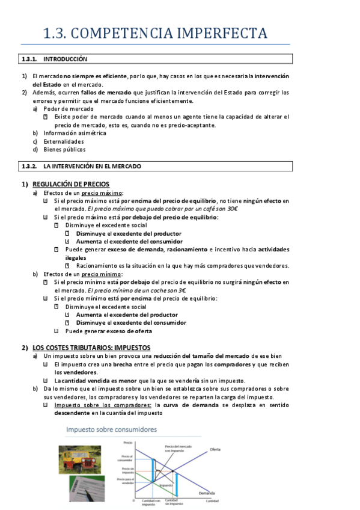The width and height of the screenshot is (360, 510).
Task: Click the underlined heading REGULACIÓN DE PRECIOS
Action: pos(71,184)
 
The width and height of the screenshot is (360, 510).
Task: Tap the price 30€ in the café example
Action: pos(230,208)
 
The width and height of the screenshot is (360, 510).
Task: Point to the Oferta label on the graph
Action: pos(215,449)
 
